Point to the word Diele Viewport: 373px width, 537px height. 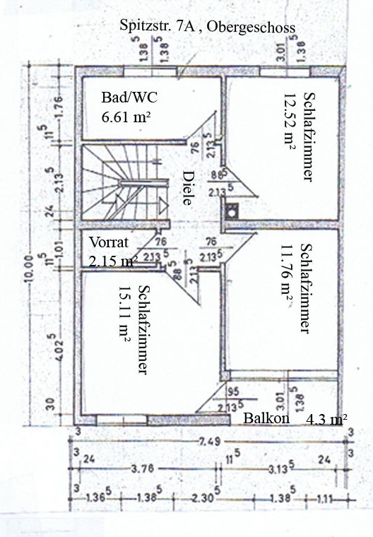pos(187,187)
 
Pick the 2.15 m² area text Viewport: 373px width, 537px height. pos(113,261)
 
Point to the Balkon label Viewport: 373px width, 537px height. pos(267,418)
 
